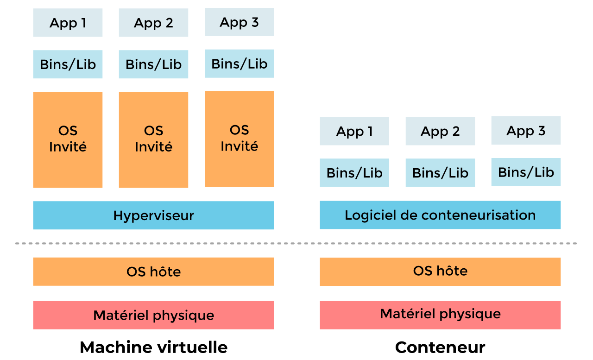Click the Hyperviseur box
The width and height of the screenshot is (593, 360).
[x=153, y=215]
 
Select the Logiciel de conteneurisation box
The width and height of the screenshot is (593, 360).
[x=440, y=215]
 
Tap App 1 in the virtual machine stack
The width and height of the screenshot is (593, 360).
[x=68, y=23]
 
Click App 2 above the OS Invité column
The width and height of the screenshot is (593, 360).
[x=153, y=23]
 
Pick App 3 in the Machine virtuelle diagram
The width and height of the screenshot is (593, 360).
[x=239, y=22]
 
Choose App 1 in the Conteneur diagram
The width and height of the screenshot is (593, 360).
[x=354, y=131]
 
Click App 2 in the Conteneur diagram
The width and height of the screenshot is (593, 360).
[x=440, y=131]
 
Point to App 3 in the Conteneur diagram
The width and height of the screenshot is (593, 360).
[x=526, y=131]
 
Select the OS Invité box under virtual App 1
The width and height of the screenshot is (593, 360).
[x=68, y=139]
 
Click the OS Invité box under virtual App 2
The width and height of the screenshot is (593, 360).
[x=153, y=139]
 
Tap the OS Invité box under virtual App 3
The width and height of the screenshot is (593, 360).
[x=239, y=139]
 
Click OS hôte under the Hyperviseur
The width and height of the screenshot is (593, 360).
[x=153, y=272]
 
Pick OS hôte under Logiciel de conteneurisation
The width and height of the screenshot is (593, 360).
[x=440, y=271]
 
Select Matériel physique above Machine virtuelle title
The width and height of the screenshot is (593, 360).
[x=153, y=315]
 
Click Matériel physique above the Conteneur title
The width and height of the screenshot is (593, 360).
[x=440, y=315]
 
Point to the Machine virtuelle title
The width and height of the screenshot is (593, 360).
[x=153, y=347]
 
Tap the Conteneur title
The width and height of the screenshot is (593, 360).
[x=440, y=347]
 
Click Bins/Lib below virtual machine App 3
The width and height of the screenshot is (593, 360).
[x=239, y=63]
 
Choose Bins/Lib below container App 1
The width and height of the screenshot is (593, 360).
[x=354, y=173]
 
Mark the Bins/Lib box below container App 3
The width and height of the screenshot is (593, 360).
[x=526, y=172]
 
